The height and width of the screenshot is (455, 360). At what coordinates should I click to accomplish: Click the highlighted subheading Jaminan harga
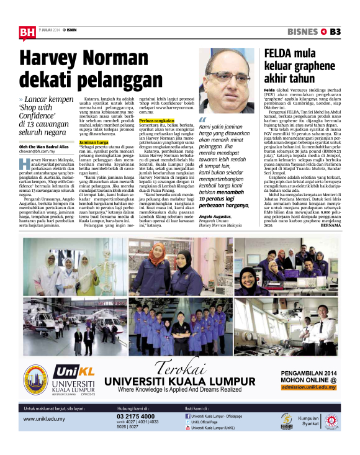point(94,142)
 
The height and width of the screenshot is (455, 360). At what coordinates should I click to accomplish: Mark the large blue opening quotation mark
point(202,120)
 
